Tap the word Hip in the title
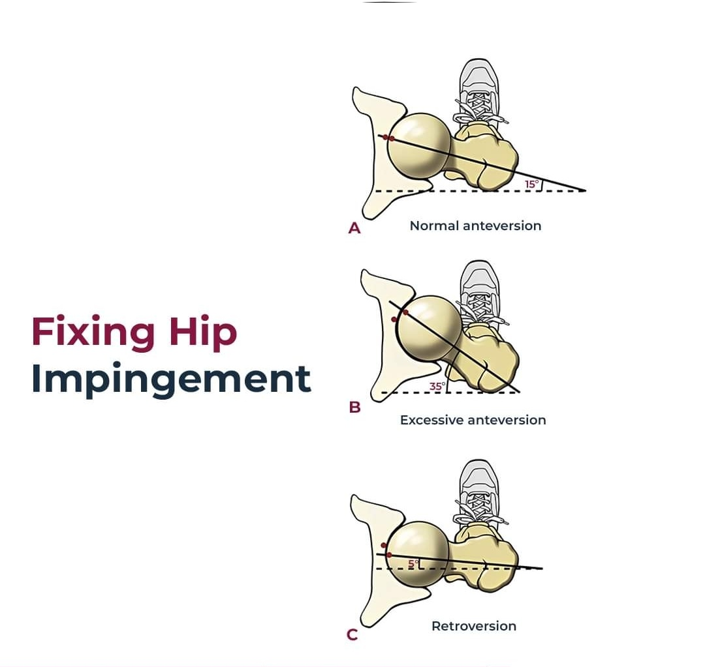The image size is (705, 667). [x=203, y=333]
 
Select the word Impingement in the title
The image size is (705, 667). [x=170, y=379]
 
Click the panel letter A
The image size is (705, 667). [x=354, y=228]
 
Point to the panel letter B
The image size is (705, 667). [x=354, y=408]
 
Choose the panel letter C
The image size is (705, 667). [x=352, y=634]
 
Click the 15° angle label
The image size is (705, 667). [x=531, y=184]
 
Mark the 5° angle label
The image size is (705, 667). [x=413, y=563]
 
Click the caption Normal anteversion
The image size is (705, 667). [x=475, y=226]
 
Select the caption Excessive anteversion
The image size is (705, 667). [x=473, y=420]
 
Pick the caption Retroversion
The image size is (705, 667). [x=473, y=626]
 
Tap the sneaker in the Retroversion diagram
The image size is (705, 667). [x=480, y=489]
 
